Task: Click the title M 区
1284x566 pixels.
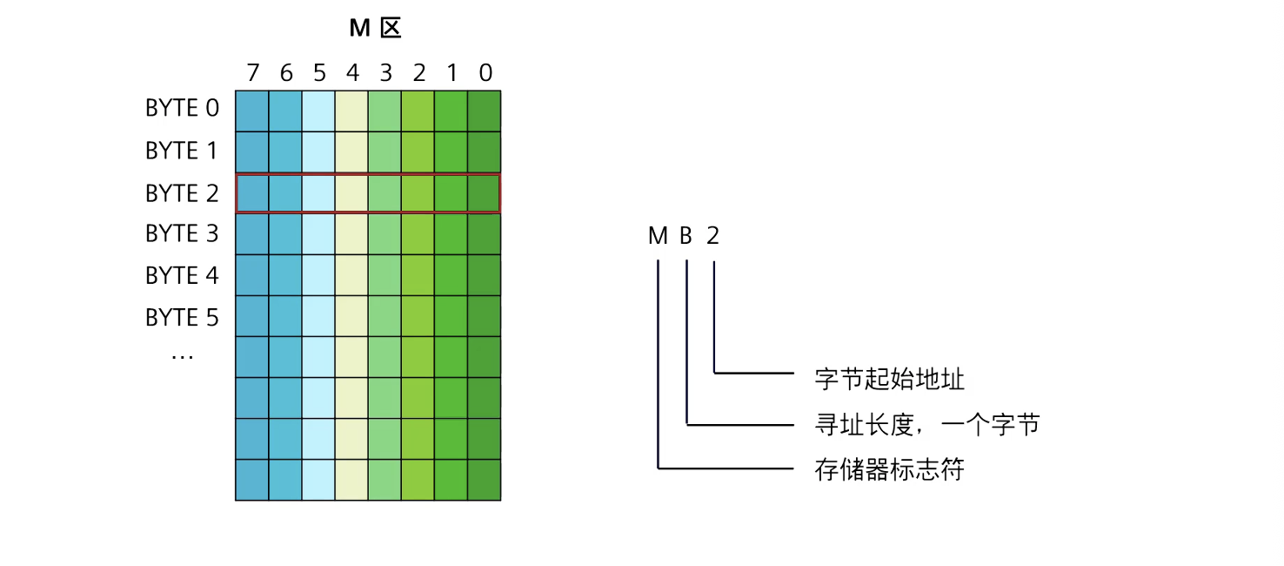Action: coord(375,29)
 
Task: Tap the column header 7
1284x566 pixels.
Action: coord(253,73)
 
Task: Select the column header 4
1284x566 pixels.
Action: coord(352,73)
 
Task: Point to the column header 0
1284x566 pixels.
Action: coord(485,73)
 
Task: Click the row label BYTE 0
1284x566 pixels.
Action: coord(183,109)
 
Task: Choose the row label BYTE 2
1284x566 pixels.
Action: coord(183,193)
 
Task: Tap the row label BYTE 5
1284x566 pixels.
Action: coord(183,318)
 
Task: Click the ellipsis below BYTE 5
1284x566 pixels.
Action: coord(182,355)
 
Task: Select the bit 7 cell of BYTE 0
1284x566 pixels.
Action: coord(252,111)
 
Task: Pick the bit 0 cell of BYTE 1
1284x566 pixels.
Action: coord(485,152)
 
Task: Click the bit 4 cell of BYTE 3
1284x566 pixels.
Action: coord(351,234)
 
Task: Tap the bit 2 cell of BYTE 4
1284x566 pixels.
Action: coord(418,275)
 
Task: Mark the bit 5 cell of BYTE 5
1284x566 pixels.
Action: coord(318,316)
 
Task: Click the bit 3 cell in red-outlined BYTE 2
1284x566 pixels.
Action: coord(385,193)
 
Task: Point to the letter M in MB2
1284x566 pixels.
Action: coord(658,236)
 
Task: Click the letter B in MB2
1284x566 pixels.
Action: coord(686,236)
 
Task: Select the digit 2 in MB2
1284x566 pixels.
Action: coord(713,236)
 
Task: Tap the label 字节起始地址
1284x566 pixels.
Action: coord(890,380)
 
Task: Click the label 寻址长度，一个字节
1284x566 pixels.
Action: coord(927,425)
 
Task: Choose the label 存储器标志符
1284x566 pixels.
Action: coord(890,470)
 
